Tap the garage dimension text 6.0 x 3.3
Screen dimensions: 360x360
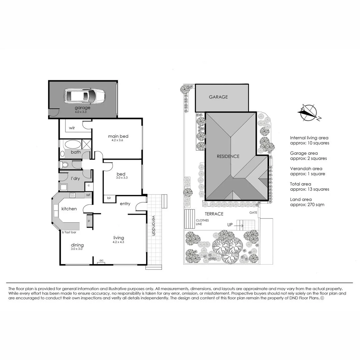click(82, 112)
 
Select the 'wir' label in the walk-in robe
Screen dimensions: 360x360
click(72, 128)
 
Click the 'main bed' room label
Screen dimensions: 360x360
click(118, 136)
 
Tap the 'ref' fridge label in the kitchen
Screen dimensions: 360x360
click(88, 195)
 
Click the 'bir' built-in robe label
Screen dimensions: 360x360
click(109, 198)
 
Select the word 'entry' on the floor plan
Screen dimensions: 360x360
click(125, 204)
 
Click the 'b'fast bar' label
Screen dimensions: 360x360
click(69, 232)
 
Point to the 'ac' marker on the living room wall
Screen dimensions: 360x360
click(101, 260)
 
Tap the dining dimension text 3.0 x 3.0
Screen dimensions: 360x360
click(76, 249)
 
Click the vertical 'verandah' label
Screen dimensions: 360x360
click(154, 226)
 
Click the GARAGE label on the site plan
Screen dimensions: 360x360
click(218, 97)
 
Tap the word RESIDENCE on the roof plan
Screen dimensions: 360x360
click(228, 156)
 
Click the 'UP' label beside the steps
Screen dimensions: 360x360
click(230, 225)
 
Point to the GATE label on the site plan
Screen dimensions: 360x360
click(253, 212)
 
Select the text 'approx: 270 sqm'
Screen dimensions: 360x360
click(307, 205)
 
